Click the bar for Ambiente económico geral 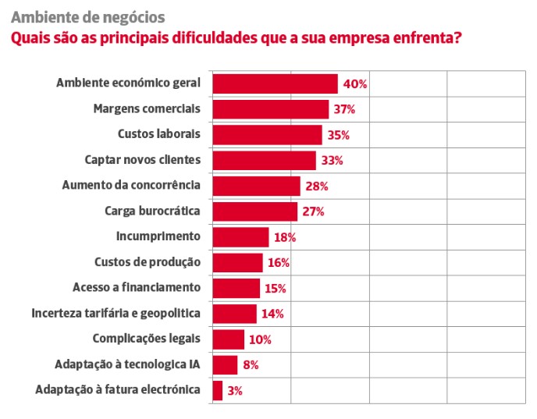coord(275,83)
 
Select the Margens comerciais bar coord(270,109)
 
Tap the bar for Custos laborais coord(267,135)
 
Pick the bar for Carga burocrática coord(254,211)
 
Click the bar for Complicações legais coord(228,339)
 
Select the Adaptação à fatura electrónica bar coord(217,390)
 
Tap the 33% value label coord(331,161)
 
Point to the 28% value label coord(315,186)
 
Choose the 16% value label coord(279,263)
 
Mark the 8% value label coord(250,364)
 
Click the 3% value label coord(235,391)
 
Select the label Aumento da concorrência coord(131,186)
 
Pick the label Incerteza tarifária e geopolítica coord(116,313)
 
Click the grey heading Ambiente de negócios coord(87,16)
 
